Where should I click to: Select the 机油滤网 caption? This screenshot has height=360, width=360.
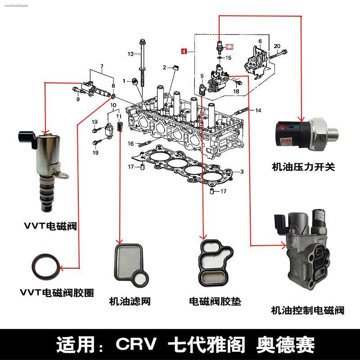(x=130, y=301)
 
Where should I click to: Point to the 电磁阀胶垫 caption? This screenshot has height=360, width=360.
(x=215, y=301)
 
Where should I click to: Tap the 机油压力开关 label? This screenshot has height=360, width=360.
(x=304, y=167)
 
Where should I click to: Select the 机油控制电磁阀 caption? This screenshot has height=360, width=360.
(x=307, y=310)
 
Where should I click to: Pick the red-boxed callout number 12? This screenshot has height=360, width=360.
(x=229, y=46)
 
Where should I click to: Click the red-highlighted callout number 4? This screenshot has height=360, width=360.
(x=184, y=52)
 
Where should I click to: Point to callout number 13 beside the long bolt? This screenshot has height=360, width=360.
(x=130, y=54)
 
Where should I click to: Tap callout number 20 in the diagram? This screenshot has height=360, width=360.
(x=277, y=46)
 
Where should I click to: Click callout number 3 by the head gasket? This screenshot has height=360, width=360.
(x=242, y=172)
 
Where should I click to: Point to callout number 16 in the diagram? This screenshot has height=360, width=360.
(x=130, y=144)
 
